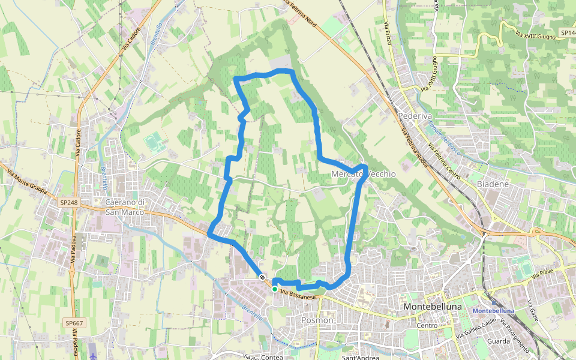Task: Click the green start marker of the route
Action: coord(275,289)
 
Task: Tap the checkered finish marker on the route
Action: coord(262,277)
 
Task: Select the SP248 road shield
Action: coord(69,203)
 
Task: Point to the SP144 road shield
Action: coord(567,32)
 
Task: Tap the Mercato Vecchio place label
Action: coord(364,174)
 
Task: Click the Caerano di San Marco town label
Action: coord(125,206)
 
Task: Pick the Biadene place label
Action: coord(493,184)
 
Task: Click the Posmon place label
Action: coord(317,320)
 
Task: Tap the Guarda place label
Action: coord(499,341)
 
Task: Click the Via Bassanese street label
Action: coord(298,295)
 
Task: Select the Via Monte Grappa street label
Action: coord(27,182)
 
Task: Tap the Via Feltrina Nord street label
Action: coord(299,13)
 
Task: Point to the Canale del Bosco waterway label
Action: coord(444,139)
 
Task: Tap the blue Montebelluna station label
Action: coord(494,311)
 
